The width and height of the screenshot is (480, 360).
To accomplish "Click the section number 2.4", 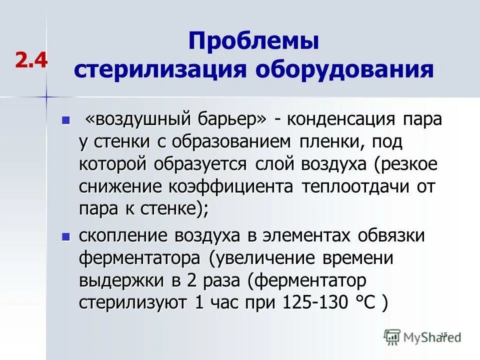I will coord(31,60).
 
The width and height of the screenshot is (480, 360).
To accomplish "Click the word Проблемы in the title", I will coord(253,41).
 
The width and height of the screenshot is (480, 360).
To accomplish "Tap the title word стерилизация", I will coord(160,69).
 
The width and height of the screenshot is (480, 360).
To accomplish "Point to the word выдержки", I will coord(118,280).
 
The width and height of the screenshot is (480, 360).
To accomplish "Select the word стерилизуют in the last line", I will coord(132,303).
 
